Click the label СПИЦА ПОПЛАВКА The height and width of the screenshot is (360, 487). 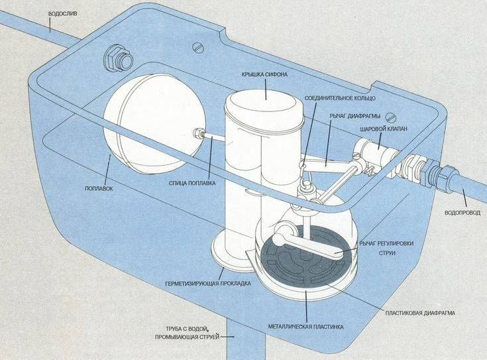tap(191, 183)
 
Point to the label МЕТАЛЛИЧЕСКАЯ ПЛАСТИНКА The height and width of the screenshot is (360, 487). tap(305, 326)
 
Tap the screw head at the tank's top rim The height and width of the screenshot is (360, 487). tap(197, 46)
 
